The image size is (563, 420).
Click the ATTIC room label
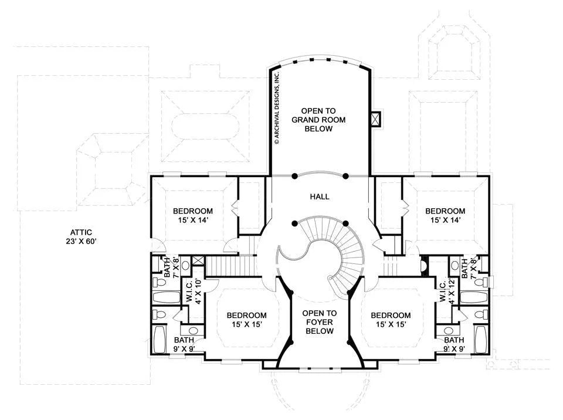point(81,232)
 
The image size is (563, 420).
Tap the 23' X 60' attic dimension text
point(79,242)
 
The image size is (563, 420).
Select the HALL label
point(320,197)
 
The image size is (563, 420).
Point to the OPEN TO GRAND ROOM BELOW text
point(318,120)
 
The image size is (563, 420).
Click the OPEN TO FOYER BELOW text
point(320,322)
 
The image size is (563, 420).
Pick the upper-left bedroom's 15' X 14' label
point(193,220)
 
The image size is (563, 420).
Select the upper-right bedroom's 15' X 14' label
point(445,220)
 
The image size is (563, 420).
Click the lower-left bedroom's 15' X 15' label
point(247,324)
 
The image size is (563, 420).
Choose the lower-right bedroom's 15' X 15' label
point(391,324)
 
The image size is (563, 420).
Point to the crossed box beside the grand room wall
point(375,119)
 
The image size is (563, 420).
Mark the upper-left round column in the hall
point(294,176)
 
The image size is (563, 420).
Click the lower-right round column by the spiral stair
point(346,223)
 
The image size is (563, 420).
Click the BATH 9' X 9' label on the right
point(454,344)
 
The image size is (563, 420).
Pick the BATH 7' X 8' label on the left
point(171,267)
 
